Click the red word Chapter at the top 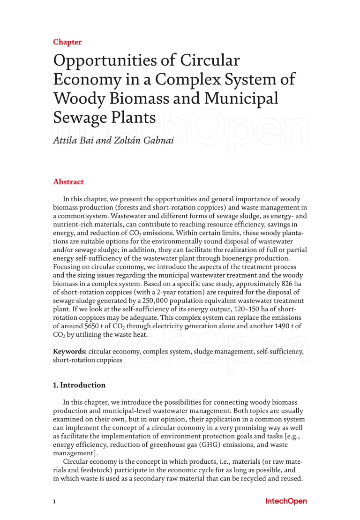pyautogui.click(x=67, y=42)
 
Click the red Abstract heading pyautogui.click(x=68, y=182)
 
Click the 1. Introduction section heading pyautogui.click(x=79, y=385)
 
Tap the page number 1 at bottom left pyautogui.click(x=54, y=501)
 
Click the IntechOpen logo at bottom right pyautogui.click(x=286, y=501)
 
